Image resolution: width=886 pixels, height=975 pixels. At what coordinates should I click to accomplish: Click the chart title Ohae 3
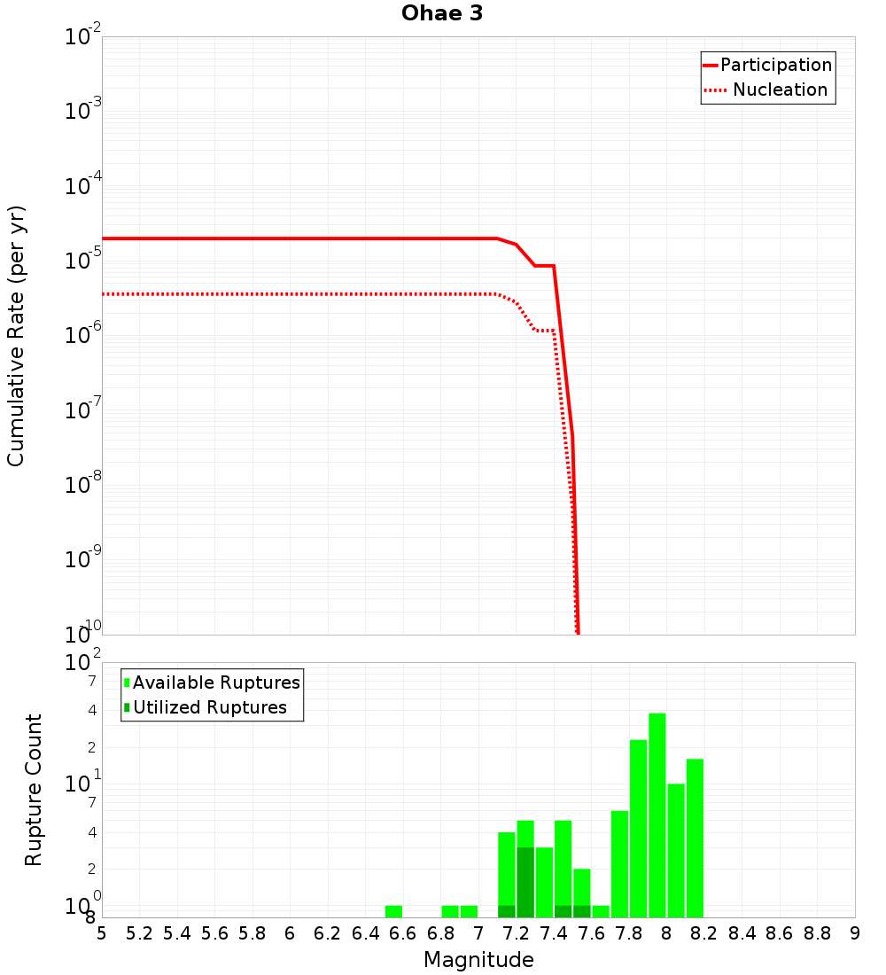[442, 14]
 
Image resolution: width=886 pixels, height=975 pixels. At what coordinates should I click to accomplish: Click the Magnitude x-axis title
[478, 960]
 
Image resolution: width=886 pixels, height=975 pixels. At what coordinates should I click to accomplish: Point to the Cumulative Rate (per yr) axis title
[16, 335]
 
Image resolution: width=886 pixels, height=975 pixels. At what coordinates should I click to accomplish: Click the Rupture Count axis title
[34, 789]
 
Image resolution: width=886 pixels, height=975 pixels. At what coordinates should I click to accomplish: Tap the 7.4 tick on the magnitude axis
[554, 933]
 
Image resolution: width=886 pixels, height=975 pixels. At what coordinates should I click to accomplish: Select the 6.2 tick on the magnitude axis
[328, 933]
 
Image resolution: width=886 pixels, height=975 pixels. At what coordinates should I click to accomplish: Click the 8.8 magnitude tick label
[817, 933]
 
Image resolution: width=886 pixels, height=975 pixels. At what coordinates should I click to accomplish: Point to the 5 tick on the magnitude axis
[102, 933]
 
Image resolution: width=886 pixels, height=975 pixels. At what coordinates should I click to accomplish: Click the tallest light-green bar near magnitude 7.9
[657, 815]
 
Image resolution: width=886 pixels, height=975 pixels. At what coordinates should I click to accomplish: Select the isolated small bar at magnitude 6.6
[393, 911]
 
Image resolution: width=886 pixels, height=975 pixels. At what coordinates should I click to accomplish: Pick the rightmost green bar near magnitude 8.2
[695, 838]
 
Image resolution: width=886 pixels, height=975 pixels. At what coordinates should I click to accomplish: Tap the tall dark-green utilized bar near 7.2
[525, 883]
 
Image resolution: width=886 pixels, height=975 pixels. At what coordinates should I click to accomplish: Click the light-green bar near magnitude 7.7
[619, 864]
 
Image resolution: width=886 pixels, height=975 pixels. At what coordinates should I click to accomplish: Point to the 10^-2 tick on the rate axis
[84, 37]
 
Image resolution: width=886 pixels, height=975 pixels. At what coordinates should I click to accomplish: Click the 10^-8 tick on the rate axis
[84, 485]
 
